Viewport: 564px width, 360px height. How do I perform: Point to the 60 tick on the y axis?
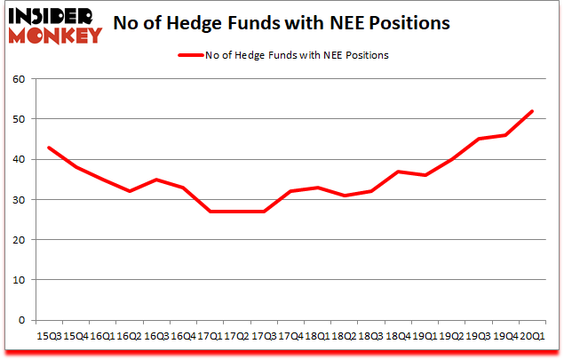[18, 79]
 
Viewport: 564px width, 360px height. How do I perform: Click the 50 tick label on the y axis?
[18, 119]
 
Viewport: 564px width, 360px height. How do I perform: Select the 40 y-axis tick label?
[18, 160]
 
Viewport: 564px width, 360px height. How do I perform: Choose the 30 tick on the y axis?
[18, 200]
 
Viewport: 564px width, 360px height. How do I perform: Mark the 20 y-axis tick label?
[18, 240]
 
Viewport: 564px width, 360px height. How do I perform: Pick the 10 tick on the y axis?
[18, 280]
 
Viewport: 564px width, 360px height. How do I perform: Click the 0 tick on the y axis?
[21, 320]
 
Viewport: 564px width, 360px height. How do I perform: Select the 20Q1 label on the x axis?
[532, 336]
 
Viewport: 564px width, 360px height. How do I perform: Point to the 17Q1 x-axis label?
[209, 336]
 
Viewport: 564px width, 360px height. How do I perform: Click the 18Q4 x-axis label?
[398, 336]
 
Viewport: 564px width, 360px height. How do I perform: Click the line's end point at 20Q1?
[533, 111]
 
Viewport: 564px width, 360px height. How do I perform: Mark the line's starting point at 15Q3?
[48, 148]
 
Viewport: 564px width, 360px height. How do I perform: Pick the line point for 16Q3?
[155, 180]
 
